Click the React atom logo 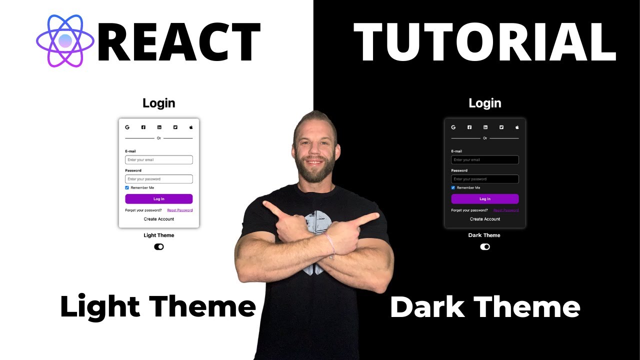pos(65,41)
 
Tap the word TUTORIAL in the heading pos(484,42)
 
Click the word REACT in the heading pos(179,42)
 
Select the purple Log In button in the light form pos(159,199)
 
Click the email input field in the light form pos(159,160)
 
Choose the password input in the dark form pos(485,179)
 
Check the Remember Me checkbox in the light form pos(127,188)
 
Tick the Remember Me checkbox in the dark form pos(453,188)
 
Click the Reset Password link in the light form pos(180,210)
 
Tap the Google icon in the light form pos(127,127)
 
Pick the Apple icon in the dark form pos(517,127)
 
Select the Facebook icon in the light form pos(143,127)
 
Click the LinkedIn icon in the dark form pos(485,127)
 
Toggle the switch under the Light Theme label pos(159,246)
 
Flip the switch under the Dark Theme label pos(485,246)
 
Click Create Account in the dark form pos(485,219)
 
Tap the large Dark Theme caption pos(485,307)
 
